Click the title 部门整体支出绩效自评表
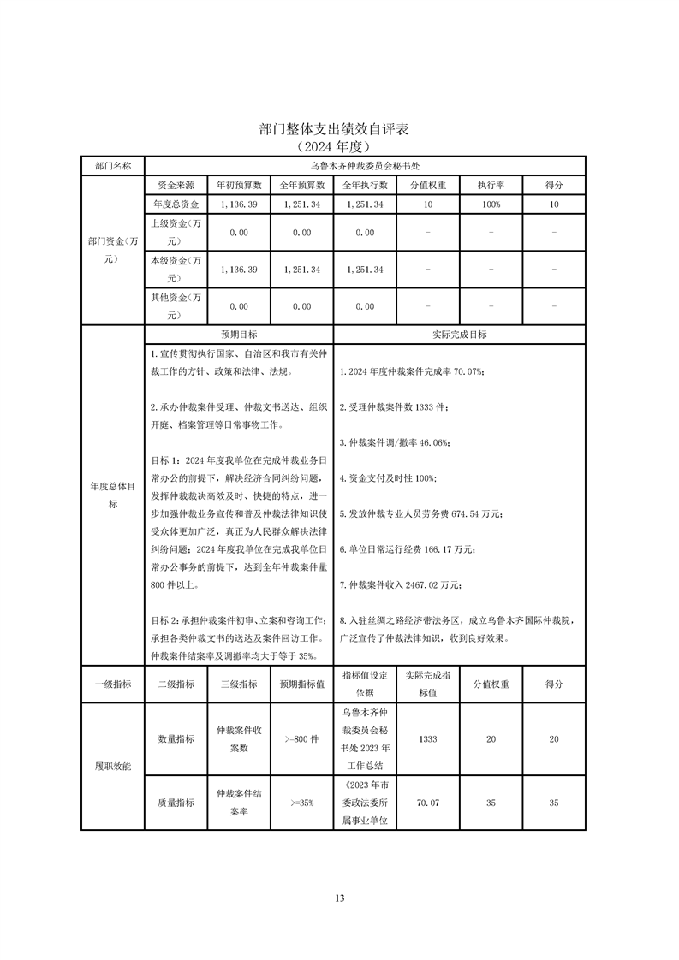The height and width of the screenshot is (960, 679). (x=334, y=129)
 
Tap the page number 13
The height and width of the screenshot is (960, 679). (x=340, y=898)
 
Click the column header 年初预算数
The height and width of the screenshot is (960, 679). (x=239, y=185)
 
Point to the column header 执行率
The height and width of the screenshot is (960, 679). (x=491, y=185)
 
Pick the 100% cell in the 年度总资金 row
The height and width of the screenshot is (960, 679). (x=491, y=204)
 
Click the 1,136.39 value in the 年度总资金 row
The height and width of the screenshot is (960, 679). (x=239, y=204)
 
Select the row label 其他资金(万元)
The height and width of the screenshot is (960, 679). (x=176, y=306)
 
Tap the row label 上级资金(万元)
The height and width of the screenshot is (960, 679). (x=176, y=232)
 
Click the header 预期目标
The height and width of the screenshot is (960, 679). (x=239, y=335)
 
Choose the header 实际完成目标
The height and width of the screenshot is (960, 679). (x=460, y=335)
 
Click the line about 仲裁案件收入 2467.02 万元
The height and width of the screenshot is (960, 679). (x=401, y=585)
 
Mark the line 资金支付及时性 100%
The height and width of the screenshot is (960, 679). (x=388, y=477)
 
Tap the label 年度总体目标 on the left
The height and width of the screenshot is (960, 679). (x=113, y=495)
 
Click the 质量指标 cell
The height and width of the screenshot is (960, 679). (x=176, y=803)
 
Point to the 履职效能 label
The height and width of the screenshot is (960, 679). (x=113, y=766)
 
